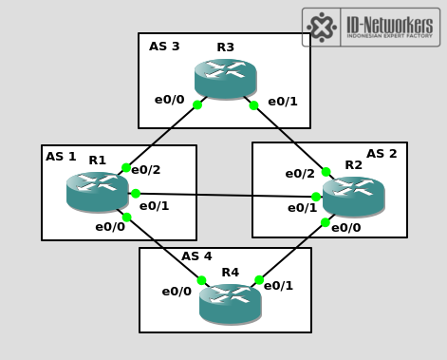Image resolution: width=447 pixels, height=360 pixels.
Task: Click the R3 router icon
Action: [225, 78]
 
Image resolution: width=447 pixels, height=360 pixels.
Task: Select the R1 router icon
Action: [97, 191]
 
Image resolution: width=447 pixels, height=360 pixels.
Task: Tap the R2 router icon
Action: [353, 196]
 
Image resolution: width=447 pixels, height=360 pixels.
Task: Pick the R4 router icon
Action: [230, 303]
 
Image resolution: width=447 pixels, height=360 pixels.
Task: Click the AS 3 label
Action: [164, 47]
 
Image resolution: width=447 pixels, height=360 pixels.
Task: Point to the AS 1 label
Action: [61, 157]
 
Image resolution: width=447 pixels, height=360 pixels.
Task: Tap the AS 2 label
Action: [382, 154]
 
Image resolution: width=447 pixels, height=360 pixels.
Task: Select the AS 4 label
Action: [196, 256]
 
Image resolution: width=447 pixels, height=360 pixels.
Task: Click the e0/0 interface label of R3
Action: [170, 100]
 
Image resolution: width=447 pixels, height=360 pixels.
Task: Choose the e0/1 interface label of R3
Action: [283, 102]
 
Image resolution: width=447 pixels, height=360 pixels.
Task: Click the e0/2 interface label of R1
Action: [146, 170]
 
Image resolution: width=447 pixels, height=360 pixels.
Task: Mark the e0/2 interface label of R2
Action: [300, 174]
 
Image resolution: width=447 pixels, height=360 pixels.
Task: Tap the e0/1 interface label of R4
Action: [278, 286]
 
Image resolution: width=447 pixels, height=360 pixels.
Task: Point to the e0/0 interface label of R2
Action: [345, 228]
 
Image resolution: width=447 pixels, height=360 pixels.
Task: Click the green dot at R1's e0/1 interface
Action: [136, 194]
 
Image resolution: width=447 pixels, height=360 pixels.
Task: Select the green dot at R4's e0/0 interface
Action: [202, 280]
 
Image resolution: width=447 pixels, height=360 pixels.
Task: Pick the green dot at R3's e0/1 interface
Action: [253, 105]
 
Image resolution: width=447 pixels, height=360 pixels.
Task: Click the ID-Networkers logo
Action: [370, 27]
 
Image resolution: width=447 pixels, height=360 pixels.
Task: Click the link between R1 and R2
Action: [226, 196]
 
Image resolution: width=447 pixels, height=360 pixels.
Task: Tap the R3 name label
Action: [225, 47]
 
